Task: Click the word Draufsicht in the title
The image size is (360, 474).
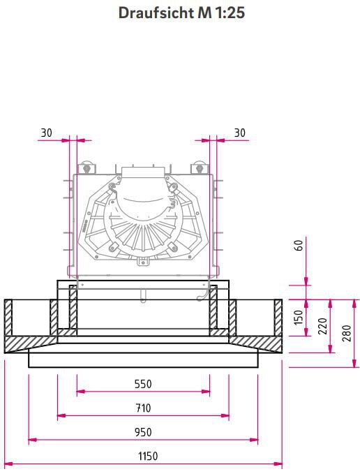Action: (156, 13)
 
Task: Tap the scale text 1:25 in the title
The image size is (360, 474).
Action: (230, 13)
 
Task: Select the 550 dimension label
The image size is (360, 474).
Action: (143, 384)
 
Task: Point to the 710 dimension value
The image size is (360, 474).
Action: (143, 408)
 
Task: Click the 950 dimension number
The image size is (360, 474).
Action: (143, 432)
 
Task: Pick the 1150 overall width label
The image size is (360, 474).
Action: (148, 456)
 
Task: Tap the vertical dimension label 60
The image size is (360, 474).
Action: (299, 245)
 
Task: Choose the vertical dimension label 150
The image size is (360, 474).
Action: (299, 317)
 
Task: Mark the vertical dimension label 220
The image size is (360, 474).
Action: (323, 326)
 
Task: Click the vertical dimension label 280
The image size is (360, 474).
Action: (347, 333)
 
